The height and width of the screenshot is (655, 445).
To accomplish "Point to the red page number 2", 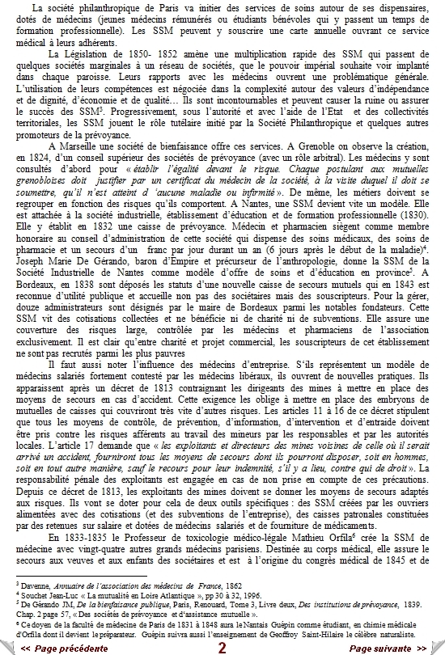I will click(222, 648).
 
